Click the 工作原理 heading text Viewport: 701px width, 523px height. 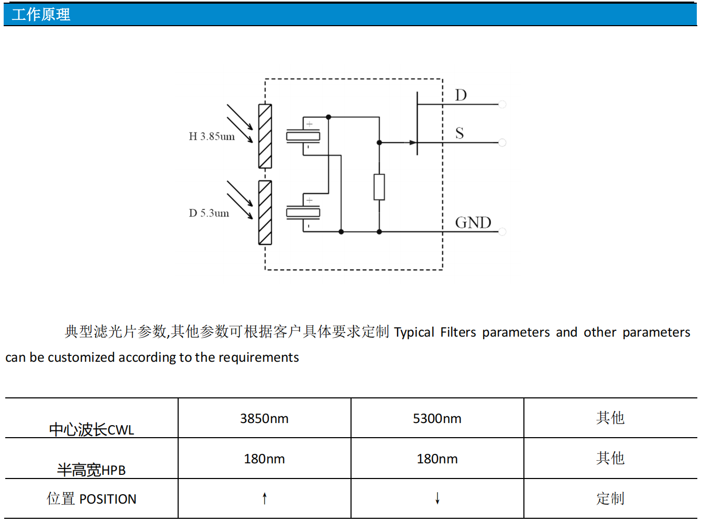click(x=41, y=15)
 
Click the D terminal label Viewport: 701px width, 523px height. click(x=461, y=95)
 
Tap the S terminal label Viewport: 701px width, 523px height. click(x=459, y=133)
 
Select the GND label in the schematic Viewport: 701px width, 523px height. click(x=473, y=222)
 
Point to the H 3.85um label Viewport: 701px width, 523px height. click(x=212, y=137)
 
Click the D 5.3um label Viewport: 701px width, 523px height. click(x=209, y=213)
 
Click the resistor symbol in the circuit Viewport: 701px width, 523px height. click(x=379, y=187)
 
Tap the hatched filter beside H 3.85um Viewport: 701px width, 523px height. click(x=265, y=136)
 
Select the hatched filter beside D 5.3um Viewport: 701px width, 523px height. click(x=265, y=213)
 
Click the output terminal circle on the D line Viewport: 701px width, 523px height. click(x=502, y=105)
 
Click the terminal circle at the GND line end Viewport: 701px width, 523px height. click(x=502, y=231)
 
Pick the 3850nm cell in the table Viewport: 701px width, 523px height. click(x=264, y=419)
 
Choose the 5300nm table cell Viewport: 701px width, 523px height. click(x=437, y=419)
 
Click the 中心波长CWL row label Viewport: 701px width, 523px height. click(x=92, y=430)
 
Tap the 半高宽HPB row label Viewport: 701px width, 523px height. click(x=92, y=470)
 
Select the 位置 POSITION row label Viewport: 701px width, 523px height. click(x=92, y=499)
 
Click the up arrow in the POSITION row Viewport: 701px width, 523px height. click(x=265, y=498)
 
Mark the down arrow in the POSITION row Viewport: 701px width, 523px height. click(x=437, y=498)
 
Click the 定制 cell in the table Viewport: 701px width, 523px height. click(x=610, y=498)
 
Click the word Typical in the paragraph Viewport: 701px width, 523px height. click(x=414, y=332)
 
